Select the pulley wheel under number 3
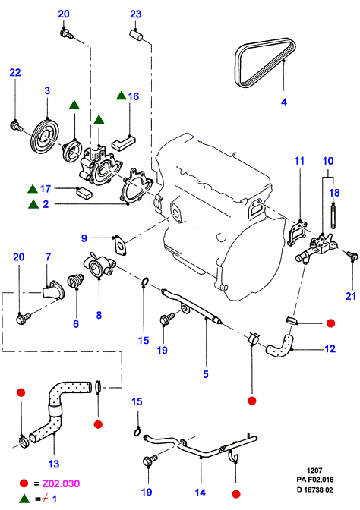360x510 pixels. coord(45,137)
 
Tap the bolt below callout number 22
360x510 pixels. coord(16,126)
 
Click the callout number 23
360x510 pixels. coord(136,14)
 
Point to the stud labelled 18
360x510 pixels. coord(333,216)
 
